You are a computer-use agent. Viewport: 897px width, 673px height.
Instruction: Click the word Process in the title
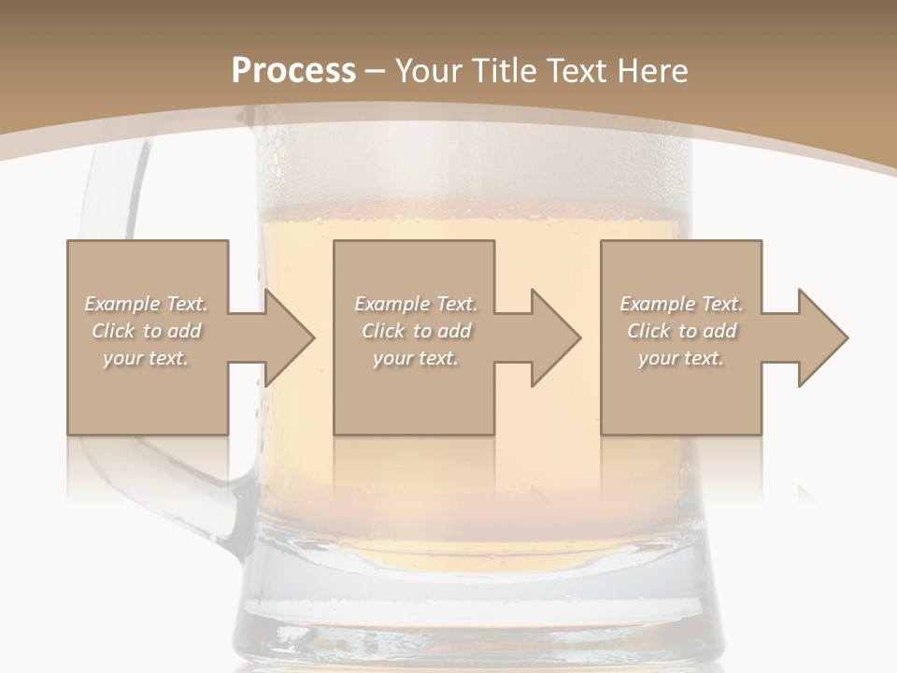click(293, 71)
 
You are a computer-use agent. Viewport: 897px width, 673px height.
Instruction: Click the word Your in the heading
click(432, 71)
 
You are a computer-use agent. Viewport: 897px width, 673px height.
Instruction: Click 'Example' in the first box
click(122, 304)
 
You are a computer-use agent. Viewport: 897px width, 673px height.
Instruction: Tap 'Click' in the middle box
click(381, 331)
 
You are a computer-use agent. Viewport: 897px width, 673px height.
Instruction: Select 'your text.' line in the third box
click(680, 358)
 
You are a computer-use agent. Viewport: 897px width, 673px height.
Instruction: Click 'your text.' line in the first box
click(146, 358)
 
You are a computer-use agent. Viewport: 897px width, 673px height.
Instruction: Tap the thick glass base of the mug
click(477, 608)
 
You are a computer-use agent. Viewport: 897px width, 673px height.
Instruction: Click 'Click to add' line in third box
click(681, 331)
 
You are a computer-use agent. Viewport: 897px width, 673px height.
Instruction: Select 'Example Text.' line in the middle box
click(416, 304)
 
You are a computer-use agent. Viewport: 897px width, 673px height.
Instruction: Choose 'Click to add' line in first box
click(146, 331)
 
